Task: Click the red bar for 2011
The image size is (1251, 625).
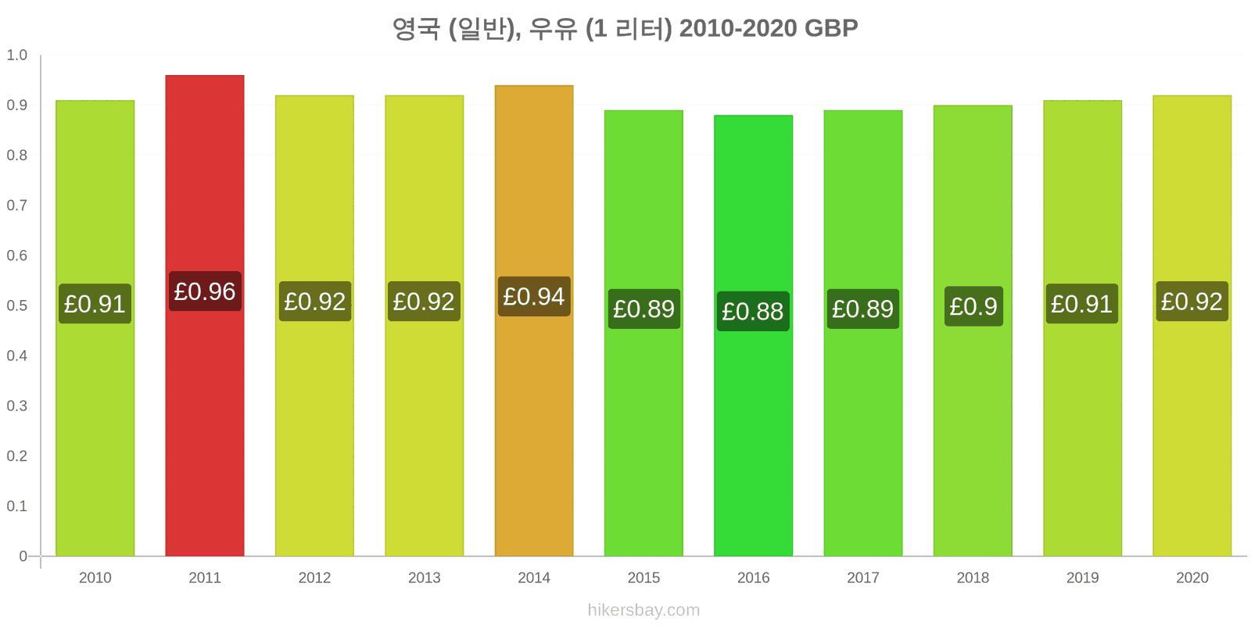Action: (204, 316)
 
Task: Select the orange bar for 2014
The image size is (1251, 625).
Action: (534, 320)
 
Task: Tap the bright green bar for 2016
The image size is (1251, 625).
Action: (754, 335)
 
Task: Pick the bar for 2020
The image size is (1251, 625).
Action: (1192, 325)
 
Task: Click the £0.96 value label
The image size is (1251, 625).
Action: (205, 291)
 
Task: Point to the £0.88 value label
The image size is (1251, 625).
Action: (753, 312)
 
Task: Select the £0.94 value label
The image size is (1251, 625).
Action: (534, 296)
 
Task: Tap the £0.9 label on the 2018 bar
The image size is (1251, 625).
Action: (973, 306)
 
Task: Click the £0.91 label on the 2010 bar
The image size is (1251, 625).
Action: (95, 304)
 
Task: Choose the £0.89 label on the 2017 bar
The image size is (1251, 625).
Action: (863, 309)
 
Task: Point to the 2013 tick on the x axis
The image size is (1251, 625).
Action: (425, 577)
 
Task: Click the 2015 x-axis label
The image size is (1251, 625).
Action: (643, 577)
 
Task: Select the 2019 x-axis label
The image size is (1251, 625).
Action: (1082, 577)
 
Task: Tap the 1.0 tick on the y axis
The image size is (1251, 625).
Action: (16, 55)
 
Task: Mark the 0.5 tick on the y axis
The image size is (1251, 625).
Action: (16, 305)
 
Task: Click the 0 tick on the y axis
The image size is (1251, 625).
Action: (23, 555)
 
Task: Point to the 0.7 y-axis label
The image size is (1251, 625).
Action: (16, 205)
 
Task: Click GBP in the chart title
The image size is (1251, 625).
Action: (831, 28)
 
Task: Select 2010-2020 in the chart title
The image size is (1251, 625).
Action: (738, 28)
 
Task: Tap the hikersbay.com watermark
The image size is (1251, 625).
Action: (643, 610)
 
